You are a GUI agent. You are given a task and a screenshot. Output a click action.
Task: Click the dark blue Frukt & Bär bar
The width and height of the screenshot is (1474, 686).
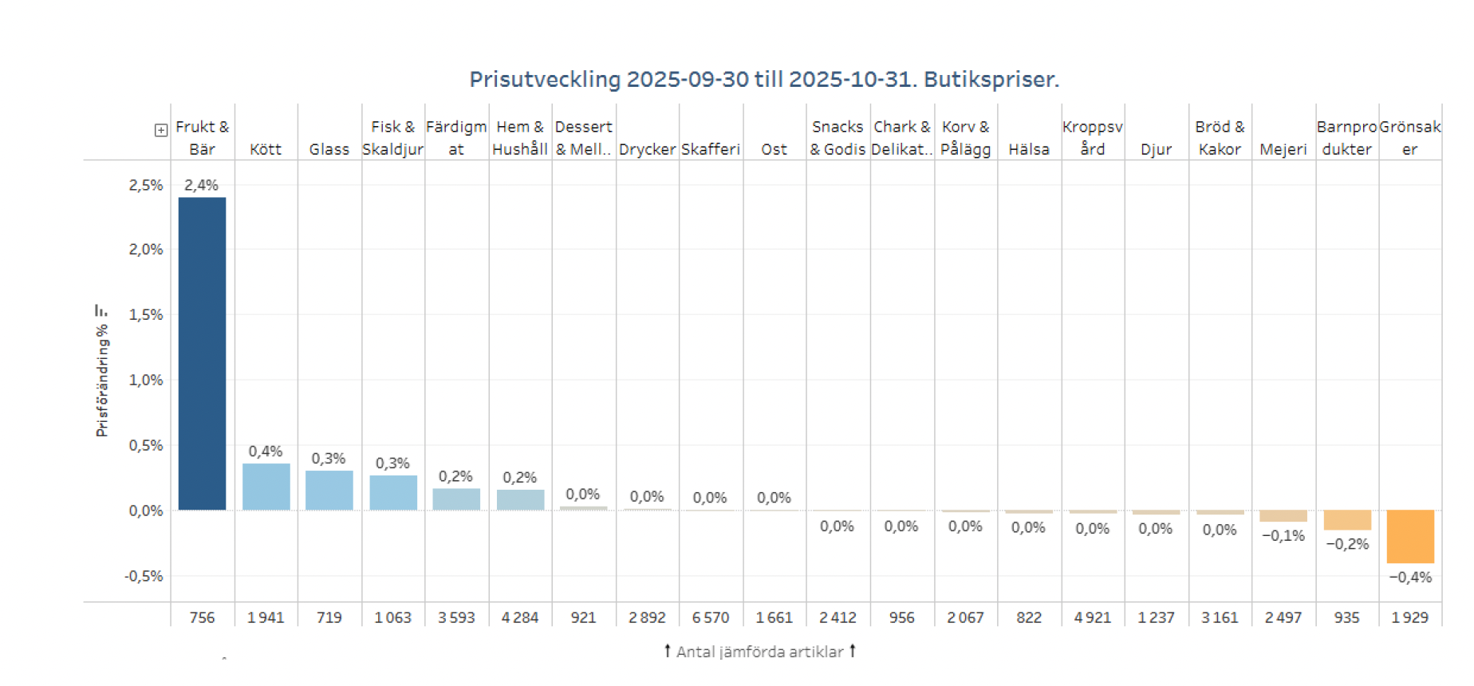tap(202, 353)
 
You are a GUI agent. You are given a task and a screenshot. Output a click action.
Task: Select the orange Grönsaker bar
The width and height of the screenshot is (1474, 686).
tap(1409, 536)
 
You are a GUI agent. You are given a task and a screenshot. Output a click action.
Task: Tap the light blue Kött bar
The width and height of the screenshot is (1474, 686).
tap(266, 487)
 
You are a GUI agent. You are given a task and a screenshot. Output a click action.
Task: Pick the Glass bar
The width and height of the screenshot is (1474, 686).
tap(329, 490)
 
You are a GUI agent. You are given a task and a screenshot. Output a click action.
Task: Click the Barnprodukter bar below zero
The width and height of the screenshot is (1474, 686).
tap(1346, 520)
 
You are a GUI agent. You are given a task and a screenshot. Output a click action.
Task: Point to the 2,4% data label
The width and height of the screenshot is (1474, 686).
tap(201, 185)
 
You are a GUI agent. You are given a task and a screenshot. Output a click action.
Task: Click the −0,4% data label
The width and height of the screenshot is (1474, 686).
tap(1409, 577)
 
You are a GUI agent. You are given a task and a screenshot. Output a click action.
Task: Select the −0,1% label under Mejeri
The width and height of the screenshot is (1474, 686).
tap(1283, 535)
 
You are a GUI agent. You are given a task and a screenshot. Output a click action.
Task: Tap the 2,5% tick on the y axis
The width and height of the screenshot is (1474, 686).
tap(146, 185)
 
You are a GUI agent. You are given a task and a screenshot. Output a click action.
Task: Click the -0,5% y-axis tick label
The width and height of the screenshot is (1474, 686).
tap(144, 576)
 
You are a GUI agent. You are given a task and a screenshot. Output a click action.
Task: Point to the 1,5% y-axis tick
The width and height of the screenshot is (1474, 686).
tap(146, 314)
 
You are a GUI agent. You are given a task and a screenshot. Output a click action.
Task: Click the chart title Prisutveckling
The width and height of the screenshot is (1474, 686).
tap(763, 80)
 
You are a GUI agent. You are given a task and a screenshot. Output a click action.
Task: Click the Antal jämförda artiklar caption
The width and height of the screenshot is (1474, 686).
tap(759, 652)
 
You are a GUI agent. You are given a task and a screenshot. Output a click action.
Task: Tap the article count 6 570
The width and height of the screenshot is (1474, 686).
tap(710, 617)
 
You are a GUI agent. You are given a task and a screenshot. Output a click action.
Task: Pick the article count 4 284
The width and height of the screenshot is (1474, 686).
tap(519, 617)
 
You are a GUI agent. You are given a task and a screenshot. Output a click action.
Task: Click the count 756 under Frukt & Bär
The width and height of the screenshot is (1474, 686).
tap(202, 617)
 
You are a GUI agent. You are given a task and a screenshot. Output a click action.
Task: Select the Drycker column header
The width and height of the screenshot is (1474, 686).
tap(647, 149)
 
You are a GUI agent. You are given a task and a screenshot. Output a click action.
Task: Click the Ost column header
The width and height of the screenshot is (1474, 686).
tap(774, 149)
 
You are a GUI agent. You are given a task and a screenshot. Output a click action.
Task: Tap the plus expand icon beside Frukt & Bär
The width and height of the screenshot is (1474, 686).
tap(161, 130)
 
